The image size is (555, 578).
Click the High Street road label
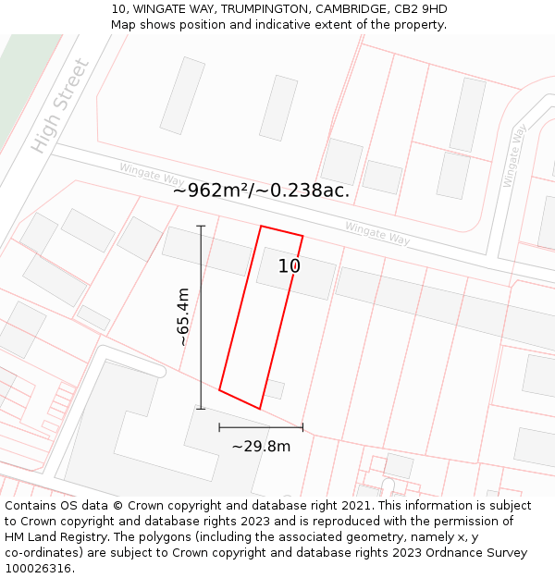[x=61, y=106]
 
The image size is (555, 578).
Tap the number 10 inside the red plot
[x=290, y=266]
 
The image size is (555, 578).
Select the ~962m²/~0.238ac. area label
[x=261, y=191]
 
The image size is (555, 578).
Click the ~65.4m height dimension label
[x=183, y=316]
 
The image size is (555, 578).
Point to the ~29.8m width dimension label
[x=261, y=447]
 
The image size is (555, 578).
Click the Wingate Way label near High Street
[x=152, y=173]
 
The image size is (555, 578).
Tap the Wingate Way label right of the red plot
[x=377, y=233]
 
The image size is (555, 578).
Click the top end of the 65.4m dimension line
[x=201, y=226]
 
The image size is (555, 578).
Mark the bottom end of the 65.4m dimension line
[x=201, y=409]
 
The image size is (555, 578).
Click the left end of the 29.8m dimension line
[x=219, y=427]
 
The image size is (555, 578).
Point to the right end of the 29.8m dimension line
[x=302, y=427]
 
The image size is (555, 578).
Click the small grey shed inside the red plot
[x=274, y=389]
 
